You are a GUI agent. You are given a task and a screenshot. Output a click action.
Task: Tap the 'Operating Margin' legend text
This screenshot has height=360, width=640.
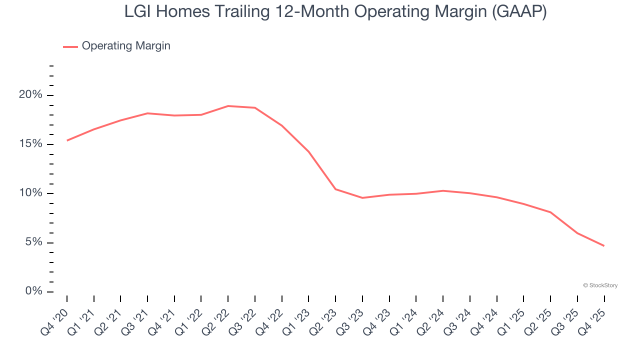click(x=126, y=46)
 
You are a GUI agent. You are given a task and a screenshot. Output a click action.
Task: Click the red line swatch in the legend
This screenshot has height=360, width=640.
click(x=70, y=46)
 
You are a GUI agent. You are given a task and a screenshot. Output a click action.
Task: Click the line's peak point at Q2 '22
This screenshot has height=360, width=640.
click(x=228, y=106)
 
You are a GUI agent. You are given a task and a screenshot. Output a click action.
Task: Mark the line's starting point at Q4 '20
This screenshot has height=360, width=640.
click(x=67, y=140)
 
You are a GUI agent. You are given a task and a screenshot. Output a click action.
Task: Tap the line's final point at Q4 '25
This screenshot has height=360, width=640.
click(x=604, y=246)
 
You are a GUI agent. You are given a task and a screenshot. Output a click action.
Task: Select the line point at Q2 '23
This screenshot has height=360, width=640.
click(x=335, y=189)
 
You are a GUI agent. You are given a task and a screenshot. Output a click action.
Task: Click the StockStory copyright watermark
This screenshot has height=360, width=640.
click(x=600, y=285)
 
